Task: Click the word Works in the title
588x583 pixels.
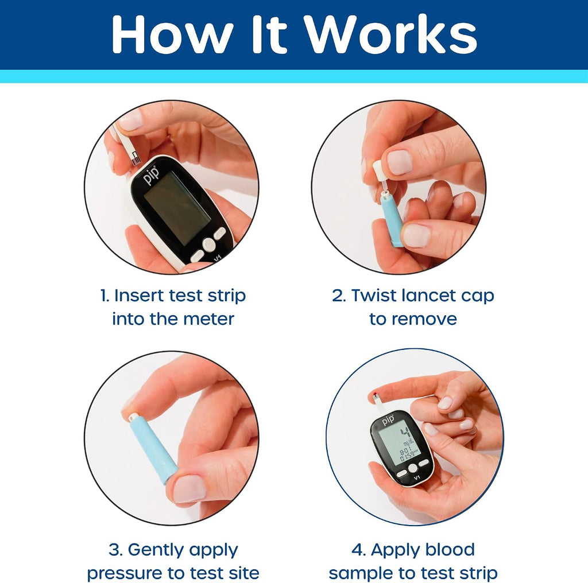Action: coord(390,34)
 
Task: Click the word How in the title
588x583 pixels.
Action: coord(171,34)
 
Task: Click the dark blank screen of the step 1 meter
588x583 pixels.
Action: coord(177,208)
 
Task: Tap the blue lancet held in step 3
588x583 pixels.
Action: coord(149,450)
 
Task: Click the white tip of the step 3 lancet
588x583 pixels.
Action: coord(134,417)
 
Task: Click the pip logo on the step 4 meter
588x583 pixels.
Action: coord(389,419)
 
